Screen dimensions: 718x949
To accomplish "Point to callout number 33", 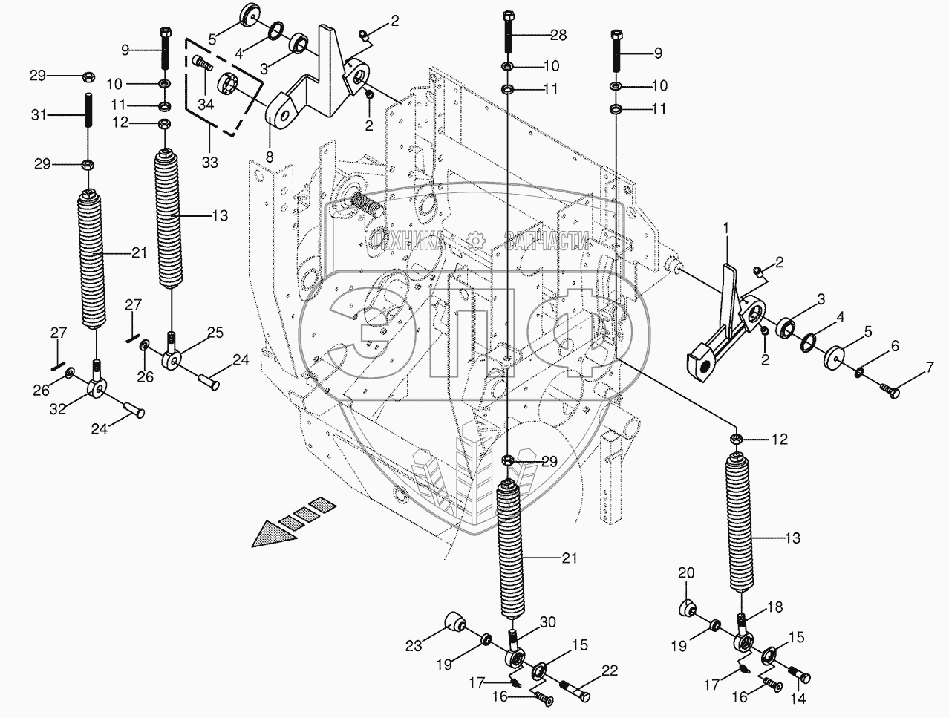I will tap(210, 162).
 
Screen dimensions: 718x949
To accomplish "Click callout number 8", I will tap(269, 157).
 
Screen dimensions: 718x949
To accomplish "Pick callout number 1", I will tap(727, 241).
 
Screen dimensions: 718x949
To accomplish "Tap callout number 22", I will tap(609, 671).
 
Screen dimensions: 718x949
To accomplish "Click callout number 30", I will tap(548, 622).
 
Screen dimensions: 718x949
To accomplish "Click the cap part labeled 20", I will tap(688, 608).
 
